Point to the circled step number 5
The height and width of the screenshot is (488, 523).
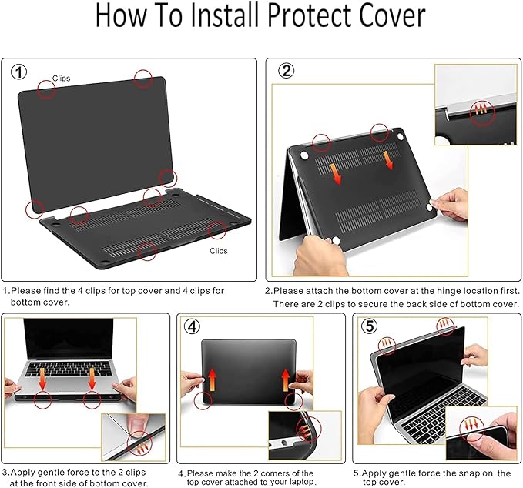tap(370, 326)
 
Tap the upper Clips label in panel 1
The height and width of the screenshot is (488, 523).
tap(62, 79)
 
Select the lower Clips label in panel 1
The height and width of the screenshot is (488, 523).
tap(219, 251)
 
